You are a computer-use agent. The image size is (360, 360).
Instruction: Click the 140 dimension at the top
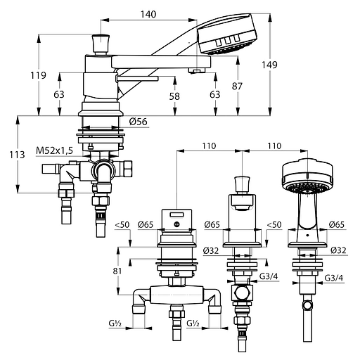point(148,15)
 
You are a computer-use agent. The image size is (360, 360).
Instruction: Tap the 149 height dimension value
point(269,65)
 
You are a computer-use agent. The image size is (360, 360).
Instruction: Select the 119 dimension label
point(38,75)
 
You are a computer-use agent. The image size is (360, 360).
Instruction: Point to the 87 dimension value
point(237,86)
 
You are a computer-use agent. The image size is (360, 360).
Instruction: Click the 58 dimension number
point(174,96)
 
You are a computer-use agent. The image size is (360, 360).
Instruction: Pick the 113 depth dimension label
point(17,155)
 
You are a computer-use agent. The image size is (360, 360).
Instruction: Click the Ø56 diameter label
point(139,122)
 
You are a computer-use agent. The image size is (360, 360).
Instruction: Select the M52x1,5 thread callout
point(54,150)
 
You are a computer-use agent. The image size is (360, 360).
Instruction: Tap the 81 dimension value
point(117,271)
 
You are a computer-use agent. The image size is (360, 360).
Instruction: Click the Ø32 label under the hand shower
point(338,250)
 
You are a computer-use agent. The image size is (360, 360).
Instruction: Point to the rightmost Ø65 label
point(337,224)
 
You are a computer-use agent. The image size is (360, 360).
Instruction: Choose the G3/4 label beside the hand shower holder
point(334,278)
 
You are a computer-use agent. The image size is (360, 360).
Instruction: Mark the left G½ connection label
point(115,323)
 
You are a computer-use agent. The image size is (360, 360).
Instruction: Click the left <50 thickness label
point(122,224)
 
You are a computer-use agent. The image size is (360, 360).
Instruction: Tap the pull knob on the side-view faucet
point(101,44)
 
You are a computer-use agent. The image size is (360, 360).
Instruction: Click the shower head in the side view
point(227,34)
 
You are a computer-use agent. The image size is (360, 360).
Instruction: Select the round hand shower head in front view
point(307,176)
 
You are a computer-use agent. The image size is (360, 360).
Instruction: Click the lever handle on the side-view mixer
point(137,79)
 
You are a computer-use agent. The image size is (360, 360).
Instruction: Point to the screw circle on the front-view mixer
point(177,224)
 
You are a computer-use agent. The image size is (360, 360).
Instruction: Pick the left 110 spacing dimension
point(209,146)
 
